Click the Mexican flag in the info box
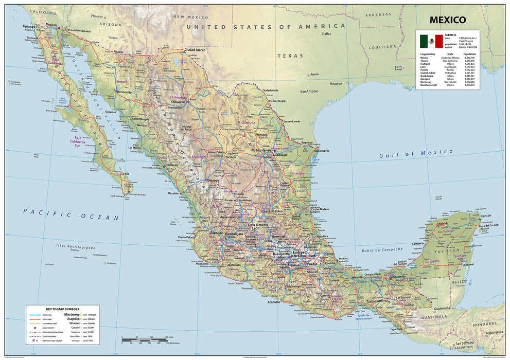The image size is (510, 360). [x=431, y=41]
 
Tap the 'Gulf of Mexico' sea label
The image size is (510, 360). [x=416, y=153]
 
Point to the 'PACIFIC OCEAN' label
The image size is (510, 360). [x=72, y=214]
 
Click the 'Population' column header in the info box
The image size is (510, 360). [x=469, y=53]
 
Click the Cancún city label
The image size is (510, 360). [x=487, y=215]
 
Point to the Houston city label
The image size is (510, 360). [x=336, y=83]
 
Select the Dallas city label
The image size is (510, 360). [x=326, y=34]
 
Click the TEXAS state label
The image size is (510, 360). [x=290, y=55]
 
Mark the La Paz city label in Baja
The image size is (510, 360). [x=125, y=174]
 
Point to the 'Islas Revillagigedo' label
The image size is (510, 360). [x=77, y=247]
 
